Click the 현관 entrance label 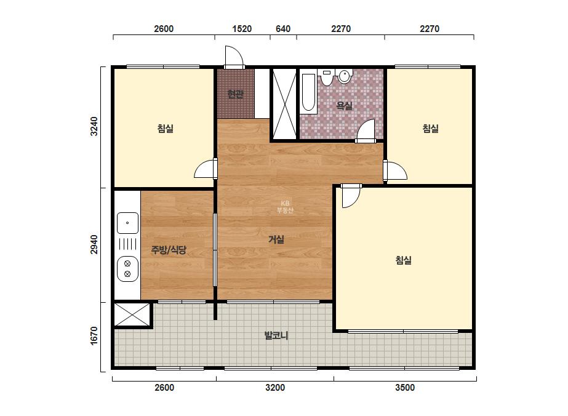click(236, 94)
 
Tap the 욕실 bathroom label click(344, 105)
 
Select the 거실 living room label click(276, 239)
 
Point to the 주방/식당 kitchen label click(169, 249)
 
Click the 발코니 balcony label click(276, 335)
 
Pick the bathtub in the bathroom click(308, 92)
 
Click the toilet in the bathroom click(327, 77)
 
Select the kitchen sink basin click(127, 223)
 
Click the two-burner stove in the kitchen click(127, 269)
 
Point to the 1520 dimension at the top click(242, 29)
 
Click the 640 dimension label click(283, 29)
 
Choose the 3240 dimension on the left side click(94, 126)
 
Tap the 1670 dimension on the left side click(94, 335)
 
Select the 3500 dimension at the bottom click(405, 387)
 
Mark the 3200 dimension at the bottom click(275, 387)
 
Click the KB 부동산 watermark click(285, 207)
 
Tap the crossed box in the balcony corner click(132, 315)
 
